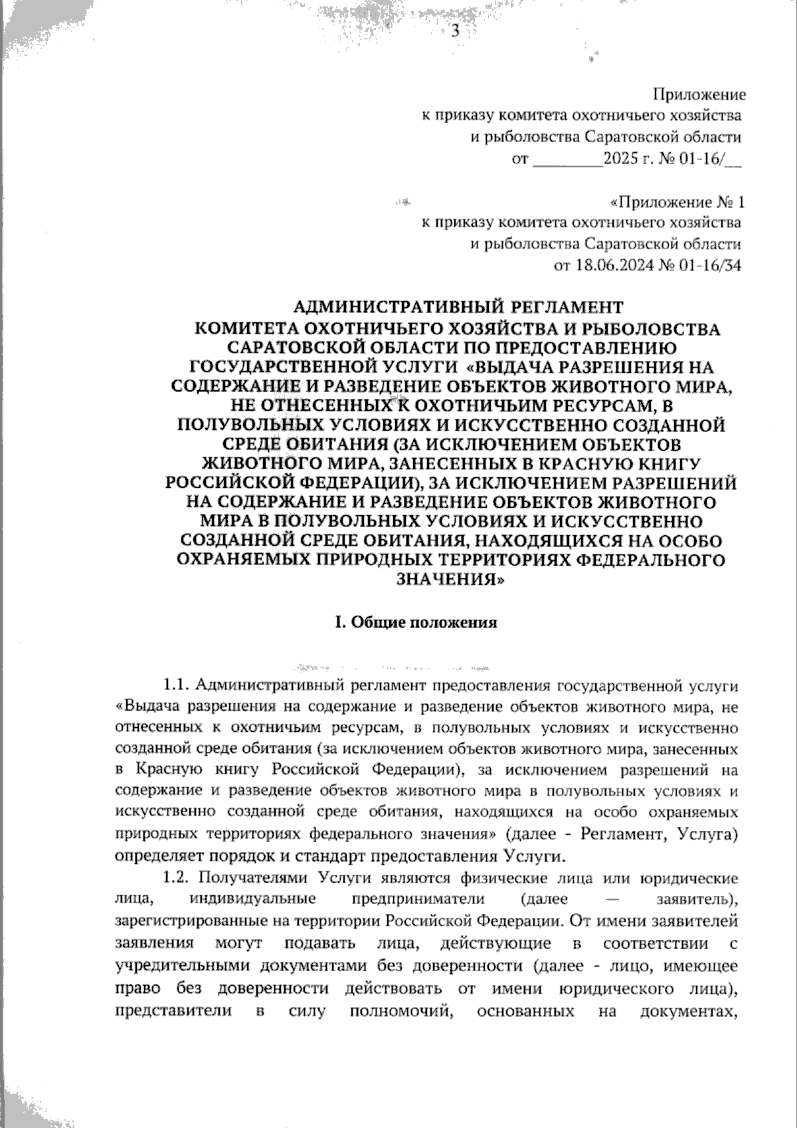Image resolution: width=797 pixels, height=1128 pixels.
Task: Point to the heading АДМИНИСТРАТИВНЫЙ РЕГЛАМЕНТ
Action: pyautogui.click(x=458, y=307)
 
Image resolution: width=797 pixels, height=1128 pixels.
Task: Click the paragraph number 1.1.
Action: pyautogui.click(x=177, y=685)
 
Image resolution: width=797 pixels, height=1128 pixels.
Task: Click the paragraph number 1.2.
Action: pyautogui.click(x=177, y=877)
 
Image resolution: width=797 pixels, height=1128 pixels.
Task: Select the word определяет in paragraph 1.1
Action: pyautogui.click(x=151, y=855)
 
